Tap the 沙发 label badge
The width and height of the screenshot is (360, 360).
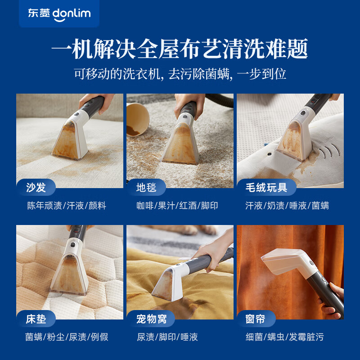click(36, 187)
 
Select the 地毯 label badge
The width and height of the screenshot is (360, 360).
click(147, 187)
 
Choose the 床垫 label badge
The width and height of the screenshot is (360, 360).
click(36, 319)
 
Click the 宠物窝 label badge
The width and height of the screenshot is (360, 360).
click(152, 319)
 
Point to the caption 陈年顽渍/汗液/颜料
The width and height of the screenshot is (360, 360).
click(67, 206)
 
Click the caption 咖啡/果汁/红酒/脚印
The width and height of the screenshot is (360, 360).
click(177, 206)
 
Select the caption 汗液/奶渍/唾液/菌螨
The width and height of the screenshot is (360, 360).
click(288, 206)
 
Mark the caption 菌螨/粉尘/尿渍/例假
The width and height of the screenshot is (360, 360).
click(67, 337)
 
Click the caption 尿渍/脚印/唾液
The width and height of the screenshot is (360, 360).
click(167, 337)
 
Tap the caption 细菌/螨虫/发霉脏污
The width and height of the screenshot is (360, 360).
click(285, 337)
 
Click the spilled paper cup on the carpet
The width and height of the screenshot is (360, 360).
click(137, 119)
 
